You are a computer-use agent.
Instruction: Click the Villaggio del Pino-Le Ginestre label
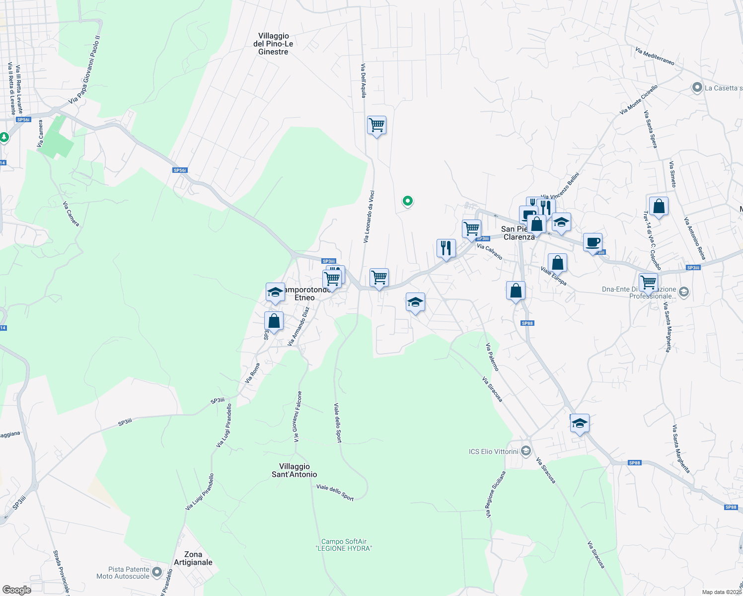(273, 44)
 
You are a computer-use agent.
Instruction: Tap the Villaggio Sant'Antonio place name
(294, 470)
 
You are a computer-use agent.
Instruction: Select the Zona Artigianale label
(193, 558)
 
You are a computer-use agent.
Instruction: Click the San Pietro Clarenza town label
(519, 233)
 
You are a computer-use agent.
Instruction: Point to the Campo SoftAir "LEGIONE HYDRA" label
(344, 545)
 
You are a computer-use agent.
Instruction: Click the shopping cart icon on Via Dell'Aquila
(376, 125)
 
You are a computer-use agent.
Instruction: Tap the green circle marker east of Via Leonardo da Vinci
(407, 201)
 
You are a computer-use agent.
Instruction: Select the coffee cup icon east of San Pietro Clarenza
(592, 242)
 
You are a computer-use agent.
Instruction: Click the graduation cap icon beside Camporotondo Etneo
(275, 293)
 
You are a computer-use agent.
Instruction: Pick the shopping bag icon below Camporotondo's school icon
(274, 321)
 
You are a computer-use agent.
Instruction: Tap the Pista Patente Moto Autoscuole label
(129, 573)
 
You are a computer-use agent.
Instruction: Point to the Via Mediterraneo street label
(655, 56)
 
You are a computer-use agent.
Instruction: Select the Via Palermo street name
(492, 357)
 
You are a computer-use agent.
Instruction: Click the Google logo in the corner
(17, 590)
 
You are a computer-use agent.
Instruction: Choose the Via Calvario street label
(489, 251)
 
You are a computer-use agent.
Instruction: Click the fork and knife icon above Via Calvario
(446, 247)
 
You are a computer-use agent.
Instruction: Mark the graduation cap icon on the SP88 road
(579, 423)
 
